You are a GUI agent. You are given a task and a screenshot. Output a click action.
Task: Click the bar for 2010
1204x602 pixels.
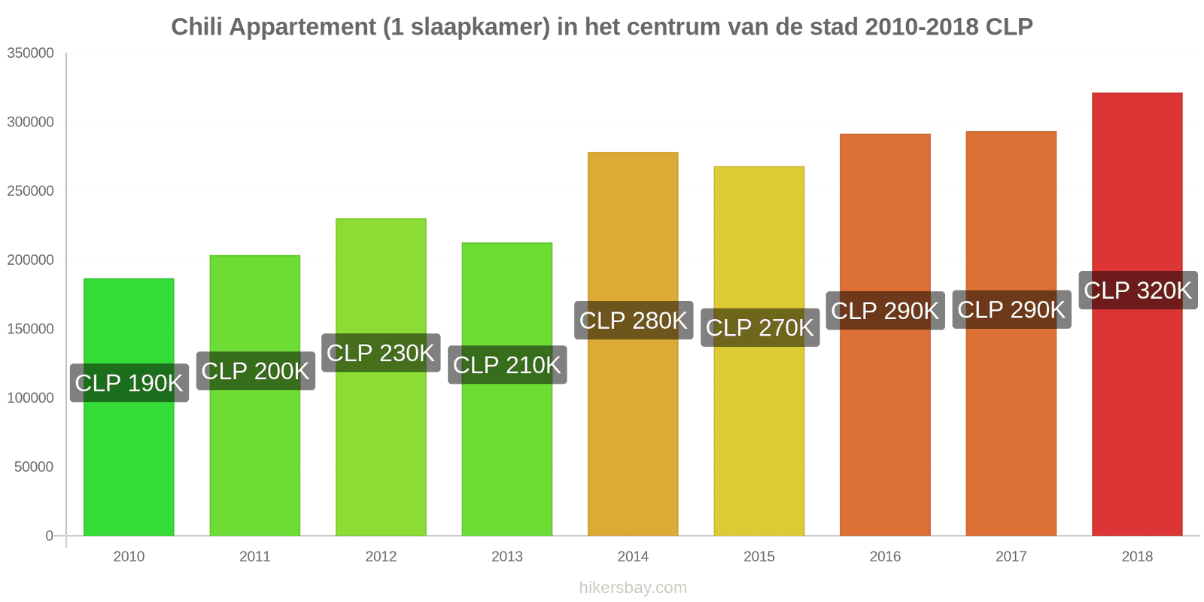(129, 407)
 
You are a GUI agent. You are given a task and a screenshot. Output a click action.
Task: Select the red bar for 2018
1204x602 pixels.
(1137, 315)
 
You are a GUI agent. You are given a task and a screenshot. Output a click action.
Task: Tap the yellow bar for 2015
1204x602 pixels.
(759, 351)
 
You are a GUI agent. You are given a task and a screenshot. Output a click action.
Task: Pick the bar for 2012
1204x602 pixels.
(381, 377)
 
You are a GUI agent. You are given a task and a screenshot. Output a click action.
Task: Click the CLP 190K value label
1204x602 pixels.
(129, 383)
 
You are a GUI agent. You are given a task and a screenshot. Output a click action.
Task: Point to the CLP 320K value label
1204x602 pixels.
(1138, 290)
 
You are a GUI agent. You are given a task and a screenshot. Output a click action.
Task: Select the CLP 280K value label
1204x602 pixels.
(633, 321)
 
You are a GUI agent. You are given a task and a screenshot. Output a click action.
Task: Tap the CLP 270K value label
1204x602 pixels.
(759, 327)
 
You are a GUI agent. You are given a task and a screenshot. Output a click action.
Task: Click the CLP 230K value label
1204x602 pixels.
(381, 353)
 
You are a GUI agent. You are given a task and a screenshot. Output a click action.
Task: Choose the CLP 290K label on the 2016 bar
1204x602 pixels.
(885, 311)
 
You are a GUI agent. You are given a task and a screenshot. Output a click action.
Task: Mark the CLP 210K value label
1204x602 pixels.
(507, 364)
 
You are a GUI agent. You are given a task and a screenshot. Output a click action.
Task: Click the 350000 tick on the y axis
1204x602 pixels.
(31, 53)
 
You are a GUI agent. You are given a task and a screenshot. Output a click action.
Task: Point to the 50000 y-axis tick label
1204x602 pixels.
(35, 467)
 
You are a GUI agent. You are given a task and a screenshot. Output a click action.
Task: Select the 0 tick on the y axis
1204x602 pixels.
(50, 535)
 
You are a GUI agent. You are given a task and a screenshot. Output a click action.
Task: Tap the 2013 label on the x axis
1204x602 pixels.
(507, 556)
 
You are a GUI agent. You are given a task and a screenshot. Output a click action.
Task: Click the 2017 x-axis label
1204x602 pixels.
(1011, 556)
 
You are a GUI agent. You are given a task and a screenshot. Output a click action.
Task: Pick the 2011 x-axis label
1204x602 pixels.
(255, 556)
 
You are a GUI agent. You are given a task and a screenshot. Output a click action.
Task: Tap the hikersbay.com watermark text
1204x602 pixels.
(633, 588)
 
